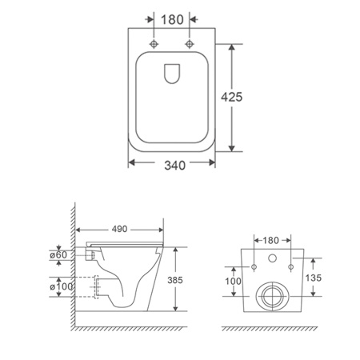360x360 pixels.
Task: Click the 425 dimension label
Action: coord(231,97)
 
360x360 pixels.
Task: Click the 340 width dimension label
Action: coord(174,166)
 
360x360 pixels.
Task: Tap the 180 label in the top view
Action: coord(172,20)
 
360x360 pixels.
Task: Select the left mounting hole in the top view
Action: coord(154,44)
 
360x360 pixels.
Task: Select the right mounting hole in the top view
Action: coord(190,44)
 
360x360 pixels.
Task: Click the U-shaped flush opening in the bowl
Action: coord(171,74)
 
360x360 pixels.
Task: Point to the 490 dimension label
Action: coord(119,229)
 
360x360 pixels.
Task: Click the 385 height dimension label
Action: coord(175,280)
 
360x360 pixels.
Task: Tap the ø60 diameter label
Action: coord(58,255)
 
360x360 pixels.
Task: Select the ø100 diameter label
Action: coord(61,286)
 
